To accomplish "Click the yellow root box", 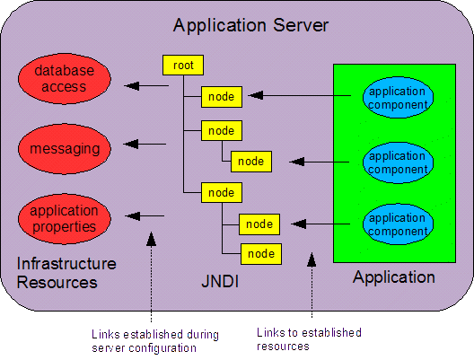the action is tap(183, 65).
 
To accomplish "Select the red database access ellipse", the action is tap(65, 79).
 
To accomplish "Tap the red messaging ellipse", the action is tap(65, 149).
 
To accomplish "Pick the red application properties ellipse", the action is tap(65, 219).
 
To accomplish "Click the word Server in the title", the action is tap(301, 25).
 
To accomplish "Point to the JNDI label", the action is tap(220, 281).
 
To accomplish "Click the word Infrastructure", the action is tap(66, 264).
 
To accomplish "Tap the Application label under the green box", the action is tap(394, 277).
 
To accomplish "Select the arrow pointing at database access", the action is tap(146, 86).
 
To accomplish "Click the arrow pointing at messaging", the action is tap(145, 144).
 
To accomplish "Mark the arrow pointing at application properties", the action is tap(145, 216).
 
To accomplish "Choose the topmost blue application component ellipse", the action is tap(398, 97).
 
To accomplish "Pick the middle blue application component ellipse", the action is tap(398, 162).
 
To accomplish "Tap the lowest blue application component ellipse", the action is tap(398, 224).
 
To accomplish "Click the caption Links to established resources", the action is tap(309, 339).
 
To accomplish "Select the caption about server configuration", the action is tap(155, 341).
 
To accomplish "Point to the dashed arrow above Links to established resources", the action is tap(312, 285).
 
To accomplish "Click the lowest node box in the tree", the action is tap(261, 254).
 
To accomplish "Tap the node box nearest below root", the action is tap(222, 97).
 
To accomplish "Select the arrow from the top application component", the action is tap(300, 95).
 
